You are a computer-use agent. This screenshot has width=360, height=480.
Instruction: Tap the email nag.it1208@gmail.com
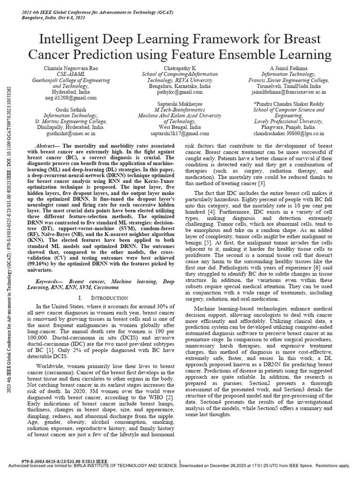coord(69,98)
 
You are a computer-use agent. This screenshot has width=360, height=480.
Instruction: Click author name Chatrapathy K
coord(179,69)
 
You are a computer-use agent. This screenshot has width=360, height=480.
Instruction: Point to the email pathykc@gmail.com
coord(179,92)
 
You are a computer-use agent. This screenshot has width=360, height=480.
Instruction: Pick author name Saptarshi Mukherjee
coord(179,104)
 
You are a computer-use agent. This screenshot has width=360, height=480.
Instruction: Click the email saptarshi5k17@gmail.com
coord(179,133)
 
